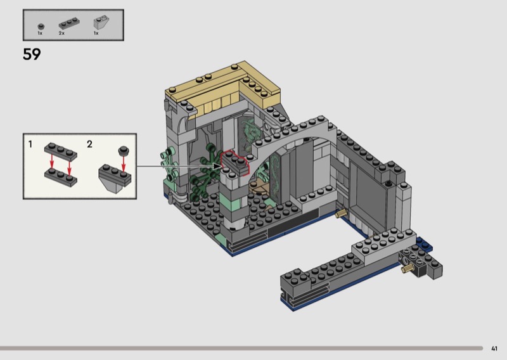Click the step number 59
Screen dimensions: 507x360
click(x=32, y=54)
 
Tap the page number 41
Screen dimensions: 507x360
click(x=494, y=349)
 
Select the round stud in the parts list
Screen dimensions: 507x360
click(x=41, y=27)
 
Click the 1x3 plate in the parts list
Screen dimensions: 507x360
click(x=69, y=23)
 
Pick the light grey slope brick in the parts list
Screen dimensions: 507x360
click(x=101, y=23)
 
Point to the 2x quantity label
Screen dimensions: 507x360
click(x=61, y=33)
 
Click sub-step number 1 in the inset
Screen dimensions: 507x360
click(x=30, y=144)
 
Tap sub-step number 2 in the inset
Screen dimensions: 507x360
click(x=89, y=144)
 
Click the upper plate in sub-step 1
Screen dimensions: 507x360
click(x=61, y=151)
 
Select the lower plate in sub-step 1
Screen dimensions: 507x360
click(x=61, y=177)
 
